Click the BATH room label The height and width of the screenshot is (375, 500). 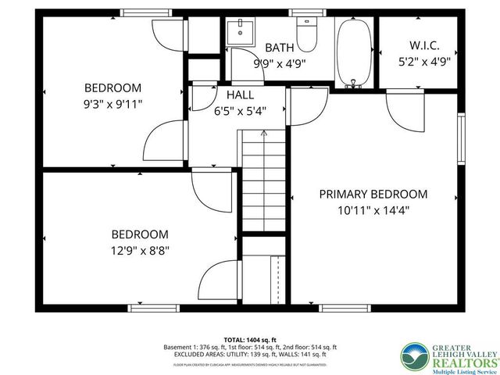280,48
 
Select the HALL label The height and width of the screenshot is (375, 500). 240,95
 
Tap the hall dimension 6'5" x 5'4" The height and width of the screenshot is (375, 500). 240,110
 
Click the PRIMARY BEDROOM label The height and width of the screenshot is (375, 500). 373,194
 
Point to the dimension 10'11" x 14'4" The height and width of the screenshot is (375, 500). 373,210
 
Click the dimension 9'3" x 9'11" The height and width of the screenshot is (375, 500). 112,103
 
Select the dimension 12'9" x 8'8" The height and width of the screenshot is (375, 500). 139,250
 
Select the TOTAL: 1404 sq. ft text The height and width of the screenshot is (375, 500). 249,338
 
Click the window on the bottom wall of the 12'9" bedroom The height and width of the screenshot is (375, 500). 148,308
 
